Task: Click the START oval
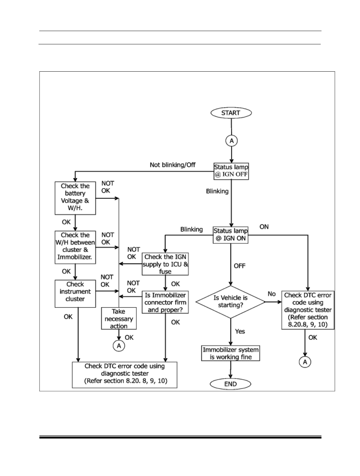coord(231,113)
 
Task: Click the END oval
coord(230,384)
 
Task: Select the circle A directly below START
coord(231,141)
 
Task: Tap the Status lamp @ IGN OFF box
coord(231,171)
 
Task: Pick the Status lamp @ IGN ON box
coord(230,235)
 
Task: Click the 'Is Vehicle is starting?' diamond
coord(230,302)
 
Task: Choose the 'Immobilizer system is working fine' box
coord(230,353)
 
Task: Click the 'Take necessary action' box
coord(119,318)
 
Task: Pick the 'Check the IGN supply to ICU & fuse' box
coord(165,264)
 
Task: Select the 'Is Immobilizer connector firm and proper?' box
coord(165,302)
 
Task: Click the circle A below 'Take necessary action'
coord(119,345)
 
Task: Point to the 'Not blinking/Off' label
coord(172,165)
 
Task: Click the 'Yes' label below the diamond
coord(240,331)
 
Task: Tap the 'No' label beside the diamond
coord(272,294)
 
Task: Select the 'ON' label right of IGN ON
coord(264,227)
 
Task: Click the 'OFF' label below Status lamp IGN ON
coord(239,266)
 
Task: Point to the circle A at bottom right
coord(305,362)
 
